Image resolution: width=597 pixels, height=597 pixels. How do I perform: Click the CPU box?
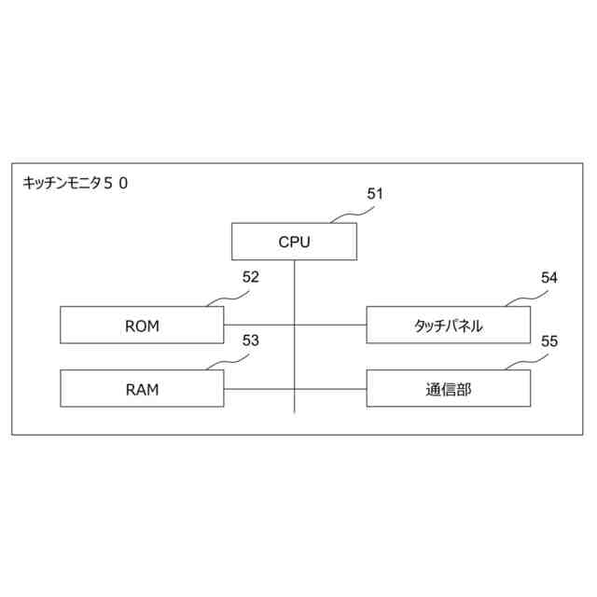(294, 243)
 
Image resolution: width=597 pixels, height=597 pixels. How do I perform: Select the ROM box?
(142, 326)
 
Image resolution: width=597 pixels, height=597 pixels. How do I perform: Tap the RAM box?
(142, 388)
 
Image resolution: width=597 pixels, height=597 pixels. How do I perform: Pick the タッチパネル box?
(448, 326)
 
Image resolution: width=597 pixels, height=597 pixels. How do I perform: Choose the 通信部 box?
(448, 388)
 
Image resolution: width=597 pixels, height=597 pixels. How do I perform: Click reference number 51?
(375, 194)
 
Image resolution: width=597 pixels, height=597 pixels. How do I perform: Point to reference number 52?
(250, 277)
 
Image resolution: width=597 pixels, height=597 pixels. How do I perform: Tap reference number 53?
(250, 340)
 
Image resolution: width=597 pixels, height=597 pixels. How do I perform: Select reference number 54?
(549, 277)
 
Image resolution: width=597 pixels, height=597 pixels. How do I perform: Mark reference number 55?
(549, 340)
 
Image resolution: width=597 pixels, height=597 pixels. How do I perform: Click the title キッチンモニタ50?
(76, 184)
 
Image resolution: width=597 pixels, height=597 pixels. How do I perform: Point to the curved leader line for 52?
(228, 298)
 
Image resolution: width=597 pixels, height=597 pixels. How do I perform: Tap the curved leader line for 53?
(228, 361)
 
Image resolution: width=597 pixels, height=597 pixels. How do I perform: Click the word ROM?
(142, 326)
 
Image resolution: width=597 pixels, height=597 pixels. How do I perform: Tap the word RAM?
(142, 389)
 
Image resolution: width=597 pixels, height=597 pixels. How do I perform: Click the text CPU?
(294, 243)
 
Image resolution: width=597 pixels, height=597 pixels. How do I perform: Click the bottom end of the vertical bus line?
(294, 411)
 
